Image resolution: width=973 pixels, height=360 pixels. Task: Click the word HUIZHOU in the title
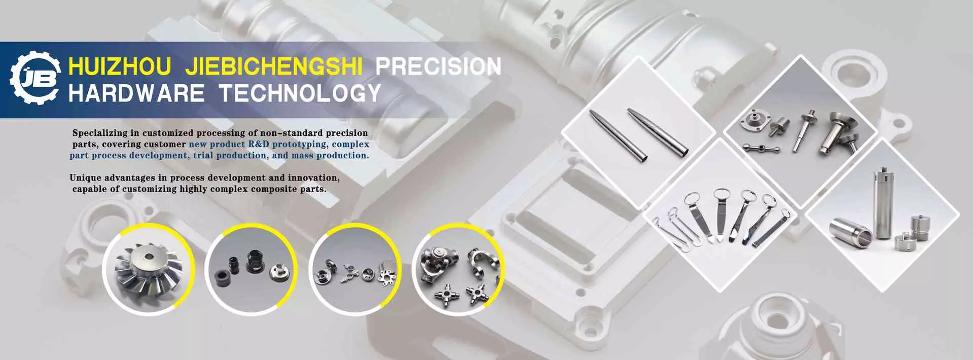[120, 67]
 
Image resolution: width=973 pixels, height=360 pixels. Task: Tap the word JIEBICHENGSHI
[274, 67]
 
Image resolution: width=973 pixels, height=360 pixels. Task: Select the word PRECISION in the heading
[438, 67]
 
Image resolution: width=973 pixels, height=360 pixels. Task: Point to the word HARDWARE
[136, 93]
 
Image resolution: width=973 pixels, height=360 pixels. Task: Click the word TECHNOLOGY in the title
[300, 93]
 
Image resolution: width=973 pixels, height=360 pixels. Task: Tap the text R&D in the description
[259, 144]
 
